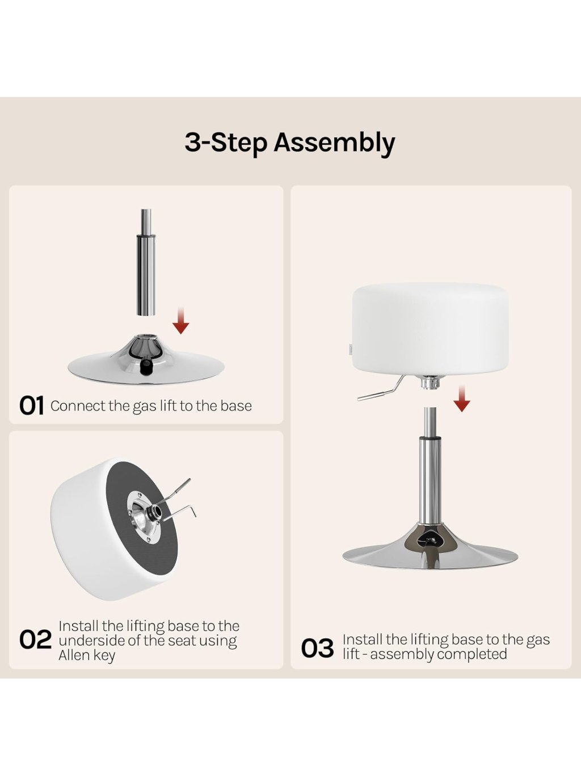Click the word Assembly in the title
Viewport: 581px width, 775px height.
pyautogui.click(x=334, y=144)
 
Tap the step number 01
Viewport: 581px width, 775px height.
pyautogui.click(x=32, y=405)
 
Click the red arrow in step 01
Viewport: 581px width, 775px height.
pyautogui.click(x=181, y=321)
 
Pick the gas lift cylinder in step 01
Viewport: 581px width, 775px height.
pyautogui.click(x=146, y=262)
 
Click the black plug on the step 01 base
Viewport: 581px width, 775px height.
pyautogui.click(x=145, y=367)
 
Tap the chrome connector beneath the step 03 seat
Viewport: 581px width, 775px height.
pyautogui.click(x=430, y=382)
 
